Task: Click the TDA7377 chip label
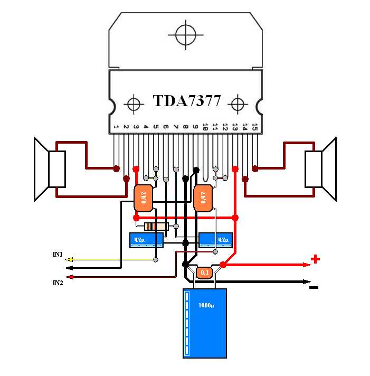coord(186,101)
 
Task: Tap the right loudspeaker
coord(321,169)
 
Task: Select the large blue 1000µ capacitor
coord(205,323)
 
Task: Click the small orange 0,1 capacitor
coord(204,272)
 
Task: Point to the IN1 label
coord(58,255)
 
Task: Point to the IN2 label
coord(58,284)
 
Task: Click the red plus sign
coord(315,259)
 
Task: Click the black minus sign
coord(314,288)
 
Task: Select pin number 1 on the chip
coord(116,127)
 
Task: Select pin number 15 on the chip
coord(254,127)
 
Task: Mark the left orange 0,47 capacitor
coord(143,198)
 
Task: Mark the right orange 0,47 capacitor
coord(203,198)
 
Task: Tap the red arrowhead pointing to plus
coord(306,264)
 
